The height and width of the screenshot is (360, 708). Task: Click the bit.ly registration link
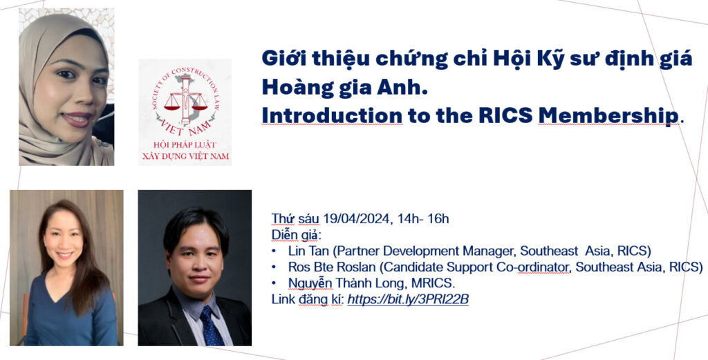408,299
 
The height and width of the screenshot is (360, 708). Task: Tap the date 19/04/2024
356,219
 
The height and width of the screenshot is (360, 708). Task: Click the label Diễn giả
296,236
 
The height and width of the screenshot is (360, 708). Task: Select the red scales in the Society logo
185,104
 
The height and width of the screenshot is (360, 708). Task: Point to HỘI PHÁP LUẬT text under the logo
185,145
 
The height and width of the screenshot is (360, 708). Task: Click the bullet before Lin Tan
274,252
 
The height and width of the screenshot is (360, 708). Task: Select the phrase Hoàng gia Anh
344,88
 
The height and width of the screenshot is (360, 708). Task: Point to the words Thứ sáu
295,219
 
